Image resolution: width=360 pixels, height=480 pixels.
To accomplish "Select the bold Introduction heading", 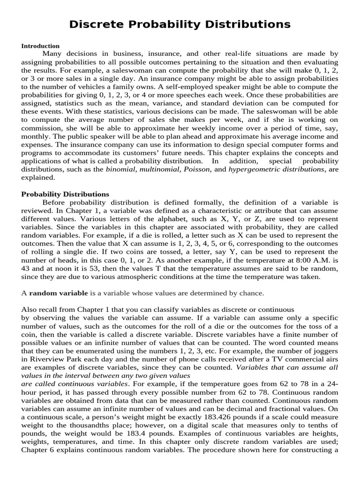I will click(40, 46).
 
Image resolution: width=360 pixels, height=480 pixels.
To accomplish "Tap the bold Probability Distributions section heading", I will click(65, 194).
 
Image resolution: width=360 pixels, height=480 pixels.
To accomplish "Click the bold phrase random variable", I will click(59, 293).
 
